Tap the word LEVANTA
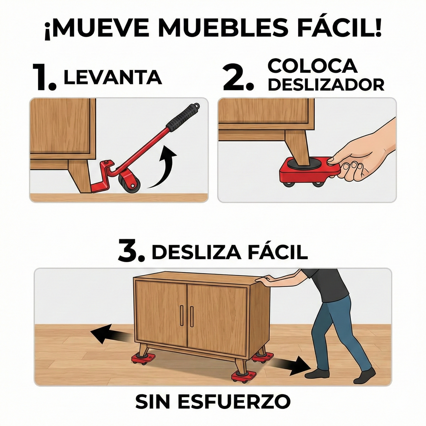pos(113,77)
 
